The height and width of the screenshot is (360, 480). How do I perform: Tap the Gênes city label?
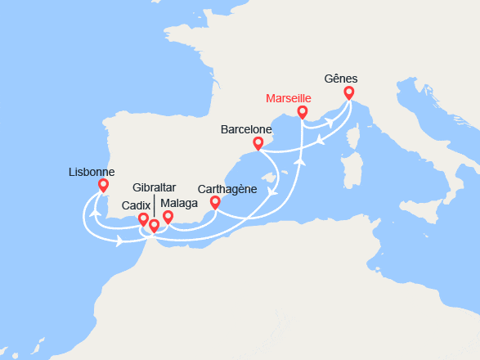341,79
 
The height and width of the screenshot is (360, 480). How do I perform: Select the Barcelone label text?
246,129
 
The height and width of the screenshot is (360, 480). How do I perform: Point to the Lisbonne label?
92,172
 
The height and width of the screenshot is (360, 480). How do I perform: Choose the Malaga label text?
178,204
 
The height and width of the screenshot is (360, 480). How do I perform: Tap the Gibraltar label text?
154,188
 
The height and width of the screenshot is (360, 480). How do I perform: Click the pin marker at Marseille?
302,111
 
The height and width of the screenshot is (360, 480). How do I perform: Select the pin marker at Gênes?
349,92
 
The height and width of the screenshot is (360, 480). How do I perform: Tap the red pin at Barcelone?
258,143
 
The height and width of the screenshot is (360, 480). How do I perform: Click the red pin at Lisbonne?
103,185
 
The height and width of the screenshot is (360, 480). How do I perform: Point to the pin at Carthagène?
215,201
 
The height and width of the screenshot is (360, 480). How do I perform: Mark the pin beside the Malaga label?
168,216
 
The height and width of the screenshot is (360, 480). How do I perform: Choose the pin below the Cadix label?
143,218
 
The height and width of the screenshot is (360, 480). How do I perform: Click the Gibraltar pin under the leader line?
154,224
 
